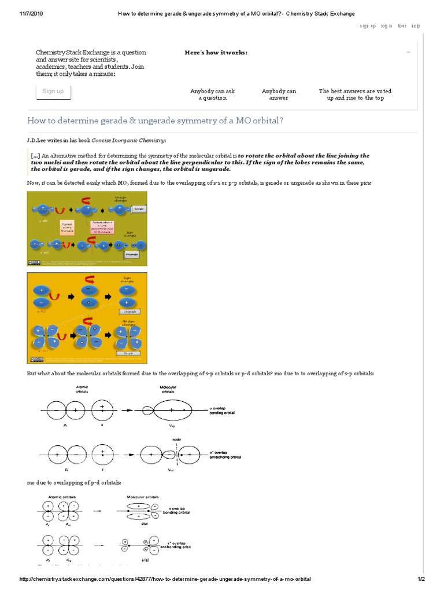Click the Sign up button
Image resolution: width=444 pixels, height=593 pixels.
(53, 91)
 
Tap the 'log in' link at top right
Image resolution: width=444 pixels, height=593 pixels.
(387, 26)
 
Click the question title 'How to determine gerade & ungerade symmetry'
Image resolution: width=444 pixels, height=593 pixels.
(156, 120)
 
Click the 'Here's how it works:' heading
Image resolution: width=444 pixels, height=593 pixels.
(216, 53)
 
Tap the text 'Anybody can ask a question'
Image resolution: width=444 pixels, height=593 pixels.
(212, 94)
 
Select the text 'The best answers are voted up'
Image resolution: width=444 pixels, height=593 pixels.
(351, 94)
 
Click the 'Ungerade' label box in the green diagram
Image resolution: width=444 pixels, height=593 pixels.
(131, 254)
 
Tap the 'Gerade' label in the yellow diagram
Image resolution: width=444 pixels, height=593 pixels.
(128, 352)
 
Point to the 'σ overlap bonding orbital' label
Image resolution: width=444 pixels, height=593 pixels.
(225, 410)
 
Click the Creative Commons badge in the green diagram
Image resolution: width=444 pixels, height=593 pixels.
(34, 262)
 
